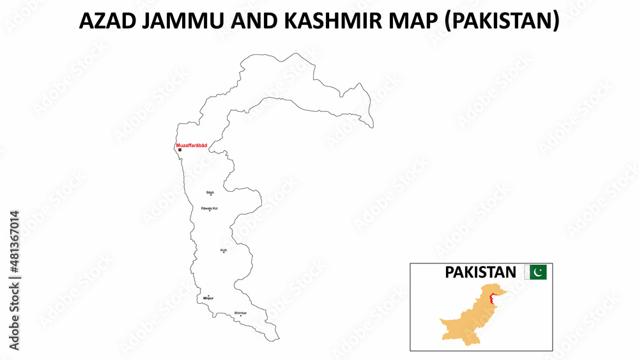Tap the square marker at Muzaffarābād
[x=180, y=150]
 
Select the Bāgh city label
[x=210, y=192]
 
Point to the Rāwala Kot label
[x=210, y=208]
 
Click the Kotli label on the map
[x=224, y=250]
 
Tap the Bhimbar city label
[x=240, y=313]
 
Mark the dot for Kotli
[x=224, y=253]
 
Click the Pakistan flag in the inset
[x=535, y=272]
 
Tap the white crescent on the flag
[x=539, y=272]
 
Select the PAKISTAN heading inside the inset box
[x=480, y=272]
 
